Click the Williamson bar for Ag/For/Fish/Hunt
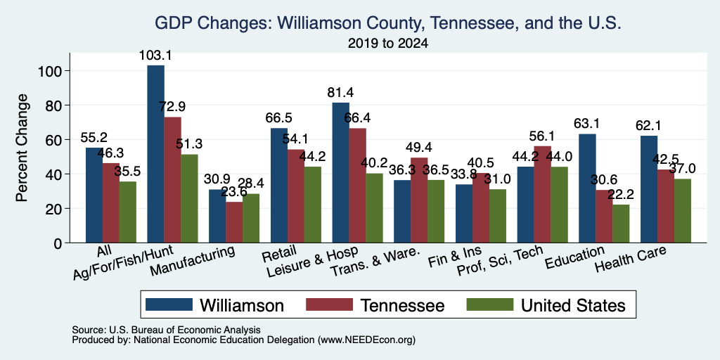[x=155, y=154]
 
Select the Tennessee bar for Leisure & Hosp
[x=357, y=186]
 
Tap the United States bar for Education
[x=621, y=224]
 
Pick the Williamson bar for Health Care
[x=649, y=189]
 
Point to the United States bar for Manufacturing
[x=251, y=218]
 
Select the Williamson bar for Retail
[x=278, y=186]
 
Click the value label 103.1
[x=155, y=56]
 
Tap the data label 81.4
[x=341, y=93]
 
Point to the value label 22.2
[x=621, y=195]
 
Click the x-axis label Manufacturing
[x=193, y=261]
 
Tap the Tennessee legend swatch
[x=329, y=304]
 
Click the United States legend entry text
[x=573, y=305]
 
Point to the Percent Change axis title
[x=22, y=148]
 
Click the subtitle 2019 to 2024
[x=388, y=44]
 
